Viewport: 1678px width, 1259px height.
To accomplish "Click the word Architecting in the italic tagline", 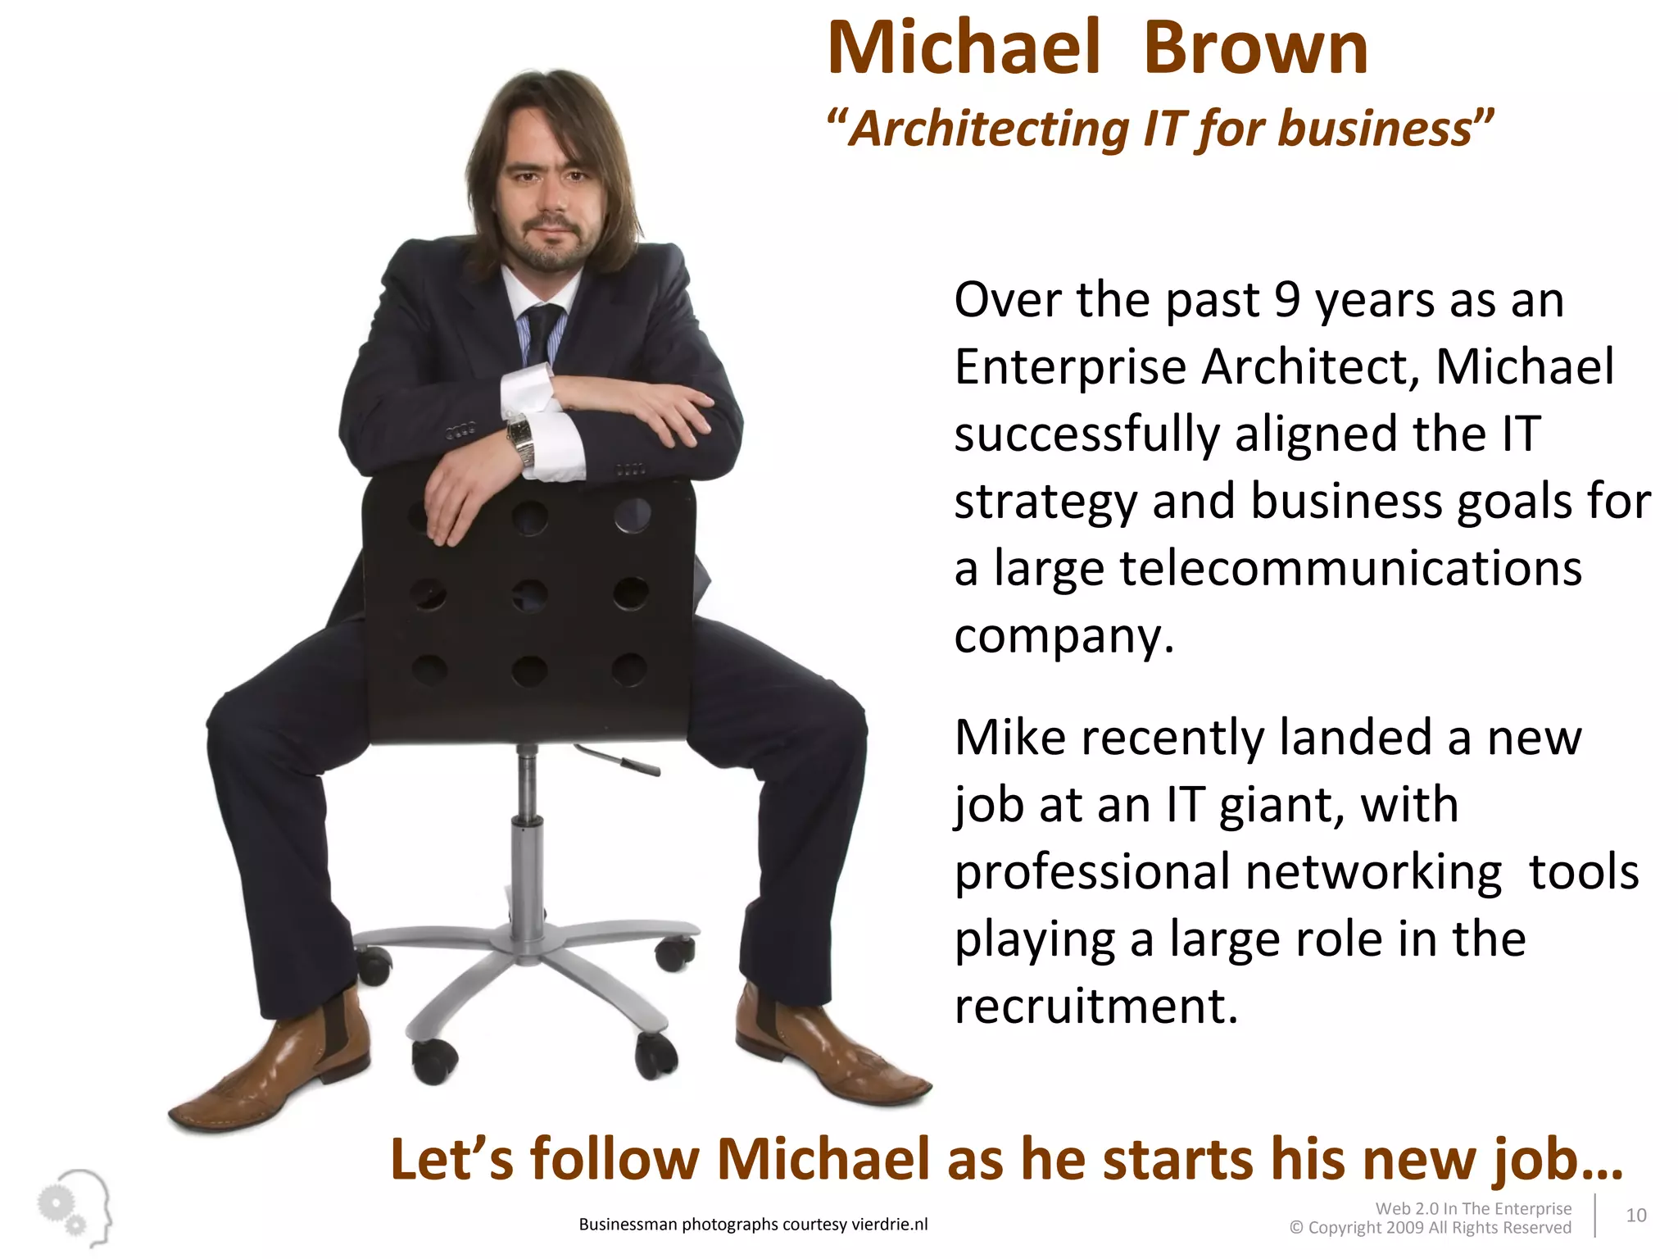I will [x=989, y=130].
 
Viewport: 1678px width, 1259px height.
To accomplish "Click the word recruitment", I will [x=1095, y=1006].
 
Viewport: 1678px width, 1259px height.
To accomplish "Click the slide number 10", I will [x=1635, y=1215].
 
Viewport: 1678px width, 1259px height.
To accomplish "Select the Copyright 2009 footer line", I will [x=1430, y=1228].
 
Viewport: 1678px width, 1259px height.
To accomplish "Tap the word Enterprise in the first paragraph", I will [x=1070, y=366].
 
